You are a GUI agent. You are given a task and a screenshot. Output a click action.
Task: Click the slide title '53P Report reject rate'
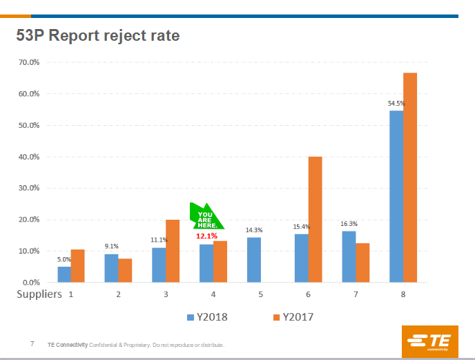point(97,35)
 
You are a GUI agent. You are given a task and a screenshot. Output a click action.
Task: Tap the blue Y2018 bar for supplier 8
point(396,196)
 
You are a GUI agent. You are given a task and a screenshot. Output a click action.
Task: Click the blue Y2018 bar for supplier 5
point(254,260)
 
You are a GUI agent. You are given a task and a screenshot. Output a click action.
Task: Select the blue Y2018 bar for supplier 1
point(64,274)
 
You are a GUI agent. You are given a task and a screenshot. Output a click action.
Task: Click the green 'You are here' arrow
point(206,217)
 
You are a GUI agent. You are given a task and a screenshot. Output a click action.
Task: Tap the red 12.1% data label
point(206,236)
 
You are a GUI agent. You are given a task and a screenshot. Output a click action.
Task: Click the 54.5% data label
point(396,104)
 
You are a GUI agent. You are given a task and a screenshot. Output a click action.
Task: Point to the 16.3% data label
point(349,224)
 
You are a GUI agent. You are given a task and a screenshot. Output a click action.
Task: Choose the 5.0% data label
point(64,259)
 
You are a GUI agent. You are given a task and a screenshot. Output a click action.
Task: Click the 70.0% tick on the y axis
point(29,62)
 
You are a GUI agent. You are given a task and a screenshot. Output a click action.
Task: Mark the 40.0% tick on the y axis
point(29,157)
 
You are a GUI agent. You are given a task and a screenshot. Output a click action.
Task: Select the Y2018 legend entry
point(207,317)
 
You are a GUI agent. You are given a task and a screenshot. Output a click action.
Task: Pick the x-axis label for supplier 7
point(356,294)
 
